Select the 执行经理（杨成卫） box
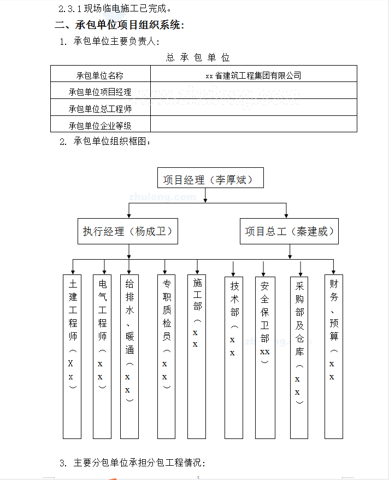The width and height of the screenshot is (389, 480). [x=128, y=232]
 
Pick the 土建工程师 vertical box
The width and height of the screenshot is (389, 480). [x=73, y=355]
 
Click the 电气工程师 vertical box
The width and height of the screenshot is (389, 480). [x=102, y=355]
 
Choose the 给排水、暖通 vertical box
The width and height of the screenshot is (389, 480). [x=129, y=355]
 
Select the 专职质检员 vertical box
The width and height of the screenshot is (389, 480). [x=167, y=355]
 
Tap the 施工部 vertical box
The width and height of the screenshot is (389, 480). [x=196, y=355]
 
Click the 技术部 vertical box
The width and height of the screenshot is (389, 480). [x=234, y=355]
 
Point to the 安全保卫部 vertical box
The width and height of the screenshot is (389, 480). [x=264, y=355]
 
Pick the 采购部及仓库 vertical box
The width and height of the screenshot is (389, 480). [x=299, y=355]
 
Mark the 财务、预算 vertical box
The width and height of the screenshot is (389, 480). [x=333, y=355]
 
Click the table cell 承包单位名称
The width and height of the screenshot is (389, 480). [x=100, y=75]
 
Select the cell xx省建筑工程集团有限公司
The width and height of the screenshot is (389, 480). [x=254, y=75]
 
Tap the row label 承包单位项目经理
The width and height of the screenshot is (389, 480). [x=100, y=92]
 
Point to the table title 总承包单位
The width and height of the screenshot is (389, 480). [x=198, y=57]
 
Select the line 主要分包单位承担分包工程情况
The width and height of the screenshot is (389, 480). [x=139, y=463]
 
